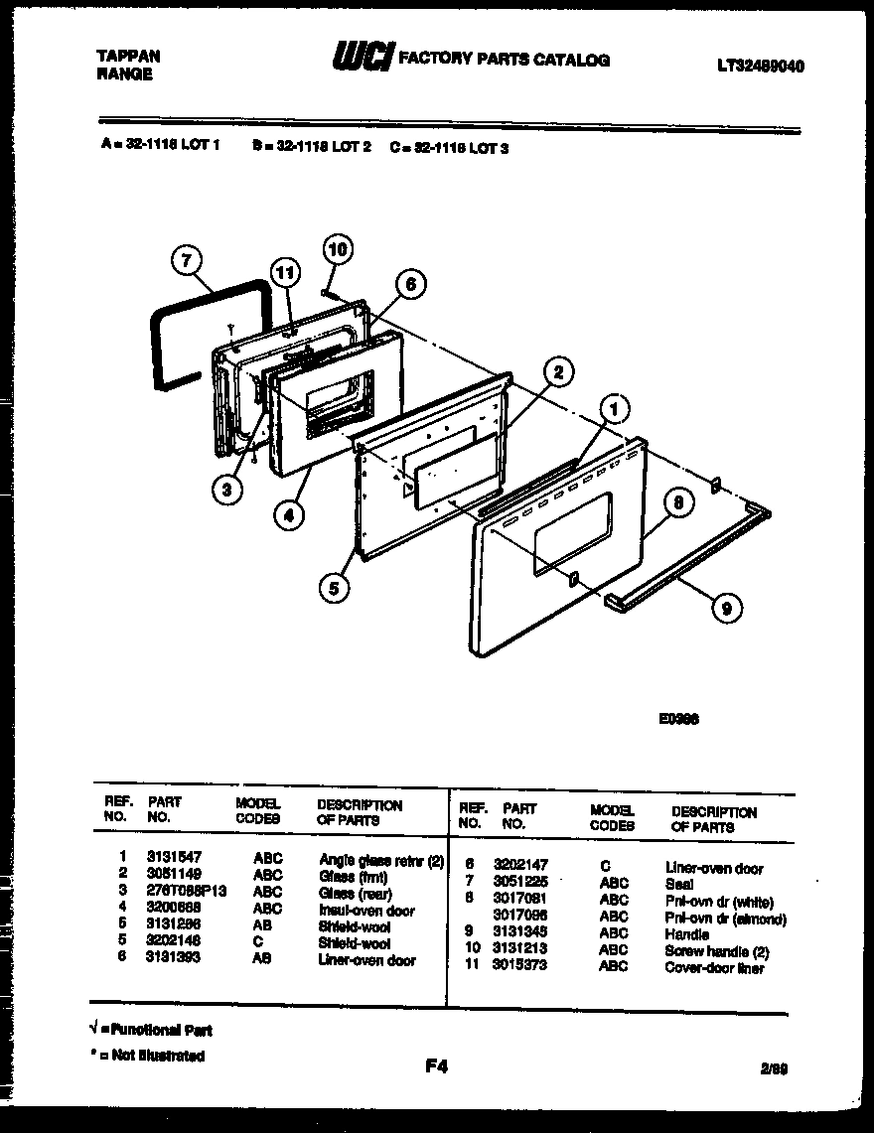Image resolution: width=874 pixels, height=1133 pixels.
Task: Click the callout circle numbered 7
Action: pos(186,261)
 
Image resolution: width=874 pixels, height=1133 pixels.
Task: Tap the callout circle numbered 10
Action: pos(338,248)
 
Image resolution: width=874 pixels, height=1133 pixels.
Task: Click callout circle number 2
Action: pos(558,372)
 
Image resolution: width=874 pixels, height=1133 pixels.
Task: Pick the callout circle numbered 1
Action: pos(616,408)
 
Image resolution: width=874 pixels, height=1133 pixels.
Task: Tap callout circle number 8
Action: pos(679,503)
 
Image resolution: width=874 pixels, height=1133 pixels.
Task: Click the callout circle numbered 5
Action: pos(335,588)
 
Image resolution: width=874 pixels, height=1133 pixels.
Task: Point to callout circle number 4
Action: pos(289,514)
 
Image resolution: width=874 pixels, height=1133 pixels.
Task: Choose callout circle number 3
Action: pos(227,488)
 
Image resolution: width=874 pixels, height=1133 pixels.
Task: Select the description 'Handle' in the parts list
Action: pos(686,934)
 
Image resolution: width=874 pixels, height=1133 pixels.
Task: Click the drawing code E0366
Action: pos(678,722)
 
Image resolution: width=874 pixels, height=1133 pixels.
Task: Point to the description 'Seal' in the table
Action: pos(679,884)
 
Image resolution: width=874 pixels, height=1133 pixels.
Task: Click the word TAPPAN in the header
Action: pos(129,57)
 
